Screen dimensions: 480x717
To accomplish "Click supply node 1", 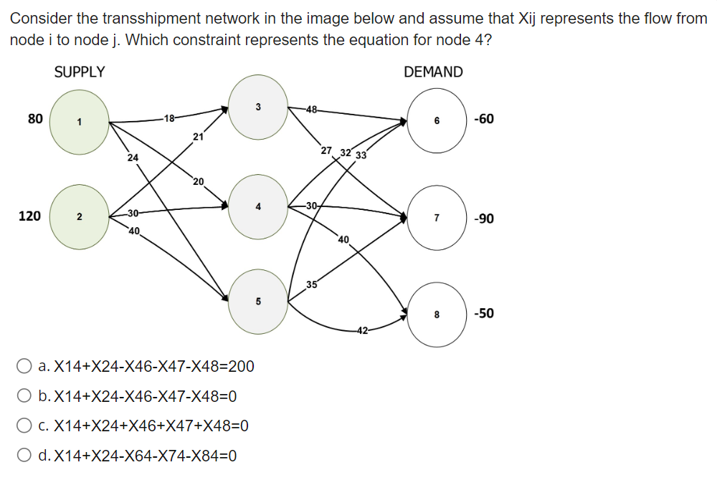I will [x=79, y=122].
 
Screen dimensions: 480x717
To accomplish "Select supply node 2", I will [x=80, y=216].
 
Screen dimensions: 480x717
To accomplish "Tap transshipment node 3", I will [x=257, y=107].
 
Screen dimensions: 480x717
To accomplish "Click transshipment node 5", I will [x=257, y=301].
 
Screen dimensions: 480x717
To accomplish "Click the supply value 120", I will [x=29, y=216].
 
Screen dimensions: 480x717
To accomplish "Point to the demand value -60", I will [x=484, y=119].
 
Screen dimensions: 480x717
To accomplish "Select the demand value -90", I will [x=484, y=219].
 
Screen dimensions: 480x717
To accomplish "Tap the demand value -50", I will [x=484, y=313].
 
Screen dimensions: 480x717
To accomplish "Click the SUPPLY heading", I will [x=79, y=72].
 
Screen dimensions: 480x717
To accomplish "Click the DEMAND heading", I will [x=433, y=72].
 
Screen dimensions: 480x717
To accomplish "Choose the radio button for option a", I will [x=24, y=368].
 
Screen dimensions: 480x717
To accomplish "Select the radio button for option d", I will [x=24, y=456].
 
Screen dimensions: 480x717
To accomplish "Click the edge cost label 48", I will [x=310, y=109].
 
